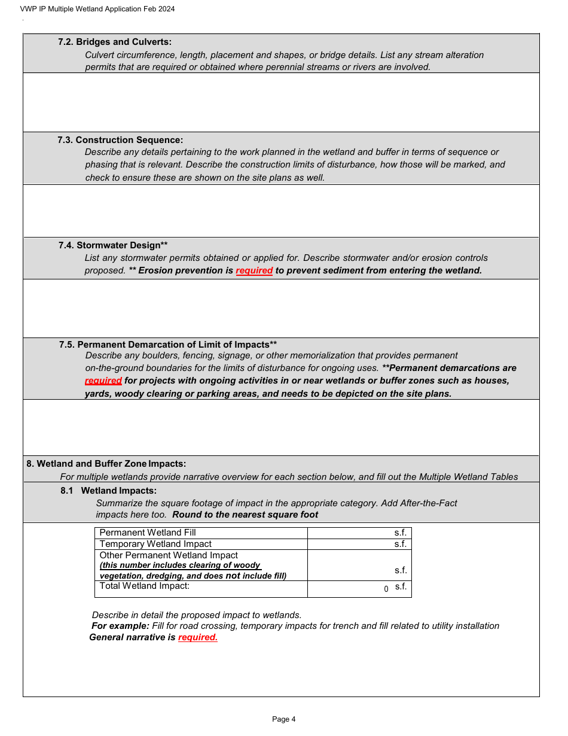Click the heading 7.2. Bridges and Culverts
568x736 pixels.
115,42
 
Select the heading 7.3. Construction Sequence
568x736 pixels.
120,140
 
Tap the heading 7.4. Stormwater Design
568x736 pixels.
113,245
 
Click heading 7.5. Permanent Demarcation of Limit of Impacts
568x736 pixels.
168,345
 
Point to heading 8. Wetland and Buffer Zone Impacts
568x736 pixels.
106,464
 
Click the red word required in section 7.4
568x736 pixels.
254,270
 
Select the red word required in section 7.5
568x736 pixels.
103,381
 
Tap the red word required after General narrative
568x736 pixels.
197,637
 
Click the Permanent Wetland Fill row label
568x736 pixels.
148,533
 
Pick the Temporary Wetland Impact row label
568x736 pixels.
155,544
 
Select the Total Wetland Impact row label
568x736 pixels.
144,586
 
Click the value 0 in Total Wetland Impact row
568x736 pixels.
386,589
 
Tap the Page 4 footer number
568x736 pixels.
283,719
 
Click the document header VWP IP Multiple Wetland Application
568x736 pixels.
97,9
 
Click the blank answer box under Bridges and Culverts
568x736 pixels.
281,102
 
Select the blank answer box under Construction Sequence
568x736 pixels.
281,211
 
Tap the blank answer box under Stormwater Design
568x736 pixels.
281,308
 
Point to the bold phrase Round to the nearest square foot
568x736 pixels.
245,515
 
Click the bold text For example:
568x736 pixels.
120,626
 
